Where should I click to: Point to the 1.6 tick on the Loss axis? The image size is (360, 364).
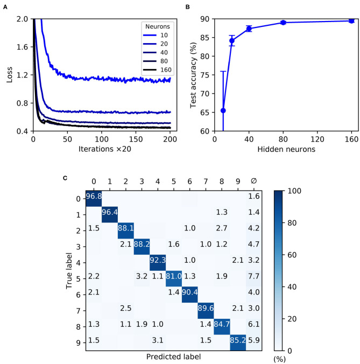point(24,47)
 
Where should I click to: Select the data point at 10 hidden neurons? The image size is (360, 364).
point(223,110)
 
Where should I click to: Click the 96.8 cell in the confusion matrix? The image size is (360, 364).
point(95,199)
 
